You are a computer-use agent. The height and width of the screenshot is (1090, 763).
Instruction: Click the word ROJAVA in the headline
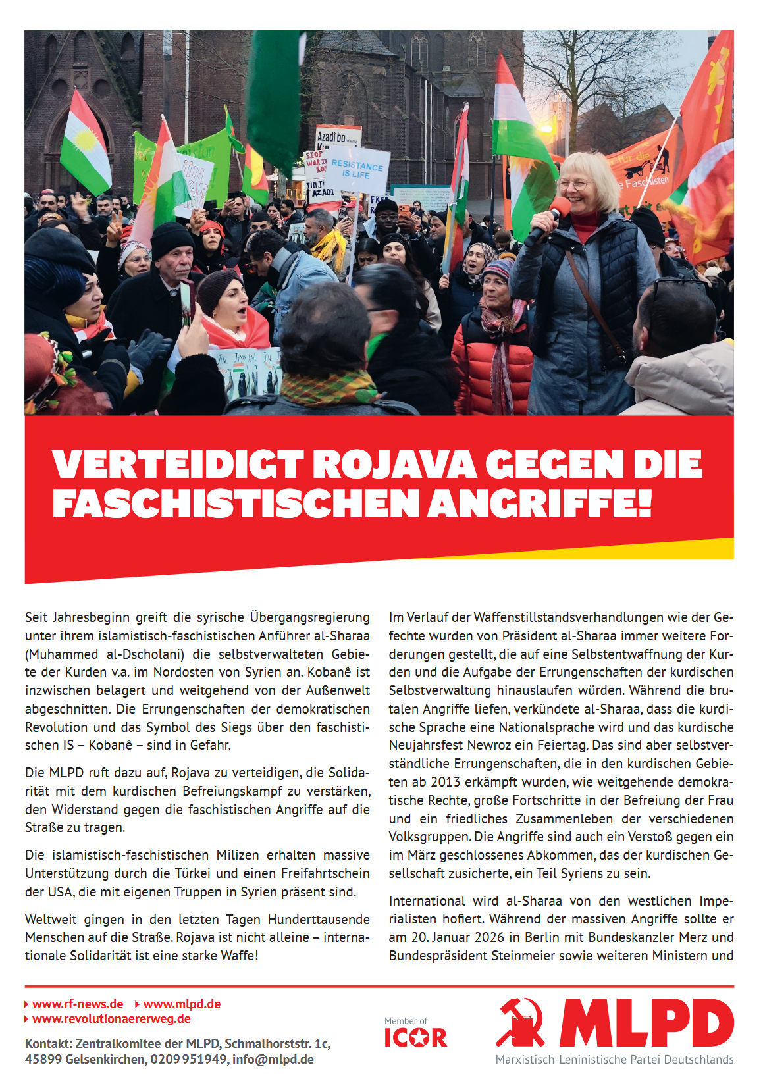click(x=394, y=465)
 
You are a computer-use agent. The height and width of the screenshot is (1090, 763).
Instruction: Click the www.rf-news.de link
click(x=78, y=1004)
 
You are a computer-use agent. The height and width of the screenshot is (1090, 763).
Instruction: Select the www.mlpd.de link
click(x=182, y=1004)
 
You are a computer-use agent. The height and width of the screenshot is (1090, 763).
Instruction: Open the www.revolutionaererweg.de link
click(x=111, y=1019)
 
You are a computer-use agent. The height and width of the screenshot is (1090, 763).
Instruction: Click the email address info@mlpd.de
click(x=273, y=1060)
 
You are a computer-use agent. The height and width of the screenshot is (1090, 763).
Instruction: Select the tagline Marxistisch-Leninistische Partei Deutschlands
click(x=614, y=1060)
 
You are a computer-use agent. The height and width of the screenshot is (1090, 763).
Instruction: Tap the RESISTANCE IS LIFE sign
click(x=357, y=170)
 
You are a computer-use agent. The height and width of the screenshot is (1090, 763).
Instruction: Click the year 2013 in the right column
click(x=446, y=782)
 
